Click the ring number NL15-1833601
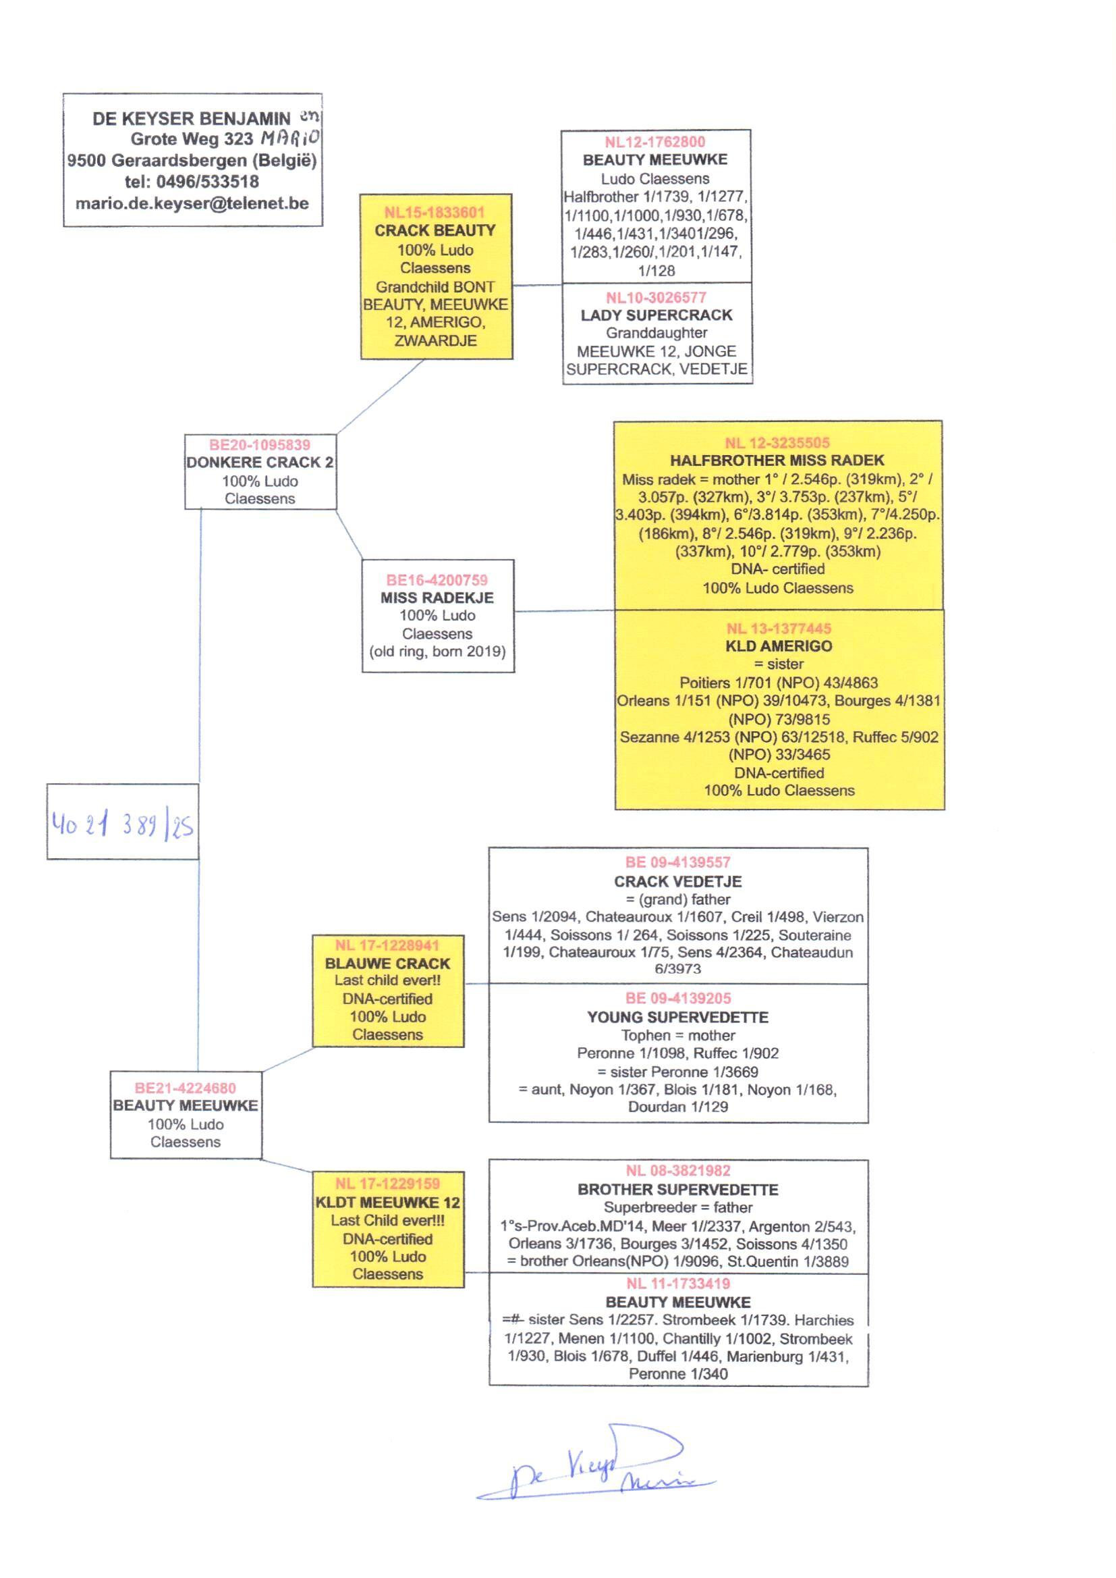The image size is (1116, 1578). (435, 212)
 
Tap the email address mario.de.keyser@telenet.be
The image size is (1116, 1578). (192, 203)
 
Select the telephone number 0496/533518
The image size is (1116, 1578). (208, 182)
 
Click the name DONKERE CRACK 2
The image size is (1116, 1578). (260, 462)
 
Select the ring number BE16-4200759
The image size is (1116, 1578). (437, 579)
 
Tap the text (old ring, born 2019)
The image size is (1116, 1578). (438, 651)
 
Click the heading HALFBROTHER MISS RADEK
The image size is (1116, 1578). (777, 461)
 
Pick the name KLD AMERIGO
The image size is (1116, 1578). (779, 646)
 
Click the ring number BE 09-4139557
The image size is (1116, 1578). (677, 862)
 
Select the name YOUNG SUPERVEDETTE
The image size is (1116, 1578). (677, 1017)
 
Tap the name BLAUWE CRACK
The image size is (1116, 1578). (387, 964)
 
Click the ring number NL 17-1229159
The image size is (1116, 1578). (387, 1183)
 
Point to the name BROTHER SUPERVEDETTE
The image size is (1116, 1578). (677, 1190)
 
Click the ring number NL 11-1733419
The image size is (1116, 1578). (677, 1284)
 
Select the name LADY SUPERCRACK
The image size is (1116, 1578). (657, 315)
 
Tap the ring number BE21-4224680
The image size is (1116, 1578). (186, 1088)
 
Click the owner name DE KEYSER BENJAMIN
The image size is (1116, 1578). (192, 118)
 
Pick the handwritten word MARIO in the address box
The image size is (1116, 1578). (289, 138)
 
